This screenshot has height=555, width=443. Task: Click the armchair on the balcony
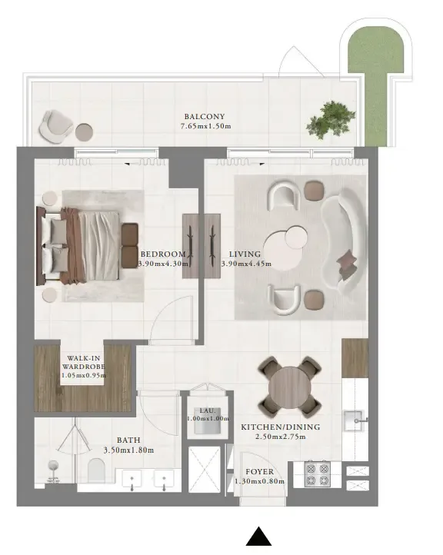[x=57, y=125]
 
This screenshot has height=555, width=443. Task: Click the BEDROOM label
[x=162, y=254]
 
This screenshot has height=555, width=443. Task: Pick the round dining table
[x=289, y=384]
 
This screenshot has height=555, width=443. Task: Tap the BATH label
[x=128, y=441]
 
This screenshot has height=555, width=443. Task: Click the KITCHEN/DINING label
[x=280, y=427]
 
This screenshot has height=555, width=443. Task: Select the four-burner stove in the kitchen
[x=317, y=474]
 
